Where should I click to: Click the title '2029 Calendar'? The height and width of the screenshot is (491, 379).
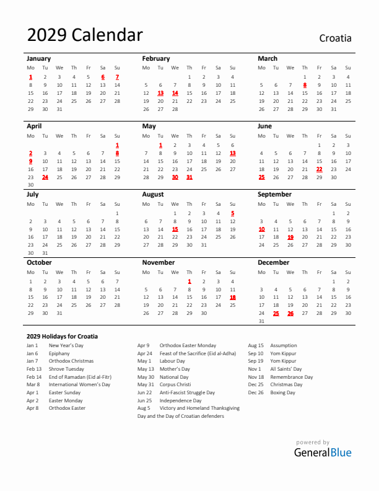(x=85, y=35)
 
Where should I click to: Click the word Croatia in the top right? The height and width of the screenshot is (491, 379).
(x=335, y=38)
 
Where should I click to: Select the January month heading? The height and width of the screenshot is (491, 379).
(x=38, y=59)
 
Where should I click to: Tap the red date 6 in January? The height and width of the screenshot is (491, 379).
(x=103, y=77)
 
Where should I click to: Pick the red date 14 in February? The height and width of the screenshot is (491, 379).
(x=175, y=94)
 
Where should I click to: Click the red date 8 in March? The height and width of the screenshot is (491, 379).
(x=305, y=86)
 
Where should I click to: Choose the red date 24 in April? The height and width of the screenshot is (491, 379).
(x=45, y=177)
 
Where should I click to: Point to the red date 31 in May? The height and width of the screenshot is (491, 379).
(x=189, y=177)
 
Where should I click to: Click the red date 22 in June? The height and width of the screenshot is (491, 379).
(x=320, y=169)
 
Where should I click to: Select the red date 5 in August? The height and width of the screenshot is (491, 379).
(x=233, y=213)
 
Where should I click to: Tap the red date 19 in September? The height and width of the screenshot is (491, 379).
(x=290, y=237)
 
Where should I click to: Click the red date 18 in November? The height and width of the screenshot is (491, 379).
(x=233, y=298)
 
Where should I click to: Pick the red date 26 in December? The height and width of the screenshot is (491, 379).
(x=290, y=314)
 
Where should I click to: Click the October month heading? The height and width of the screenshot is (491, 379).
(x=39, y=263)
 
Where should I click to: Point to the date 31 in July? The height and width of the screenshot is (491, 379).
(x=45, y=253)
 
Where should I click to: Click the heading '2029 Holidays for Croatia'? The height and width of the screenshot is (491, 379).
(x=62, y=337)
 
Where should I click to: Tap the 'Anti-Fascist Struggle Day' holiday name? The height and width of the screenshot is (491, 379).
(x=187, y=392)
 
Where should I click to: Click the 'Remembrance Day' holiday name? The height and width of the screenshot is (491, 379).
(x=291, y=377)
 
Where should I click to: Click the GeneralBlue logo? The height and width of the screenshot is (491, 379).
(x=323, y=452)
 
